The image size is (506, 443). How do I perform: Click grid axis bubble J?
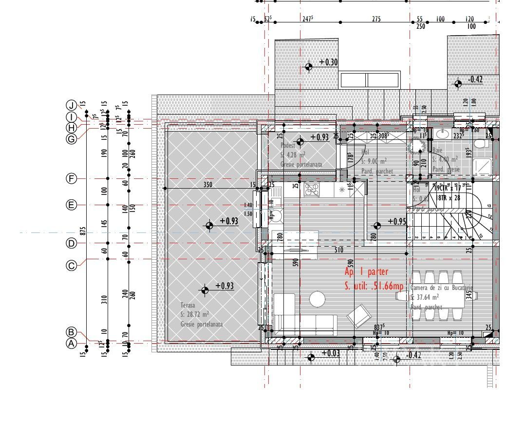tap(72, 105)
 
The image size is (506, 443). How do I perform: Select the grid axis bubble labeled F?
tap(72, 179)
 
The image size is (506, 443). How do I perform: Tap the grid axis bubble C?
tap(72, 266)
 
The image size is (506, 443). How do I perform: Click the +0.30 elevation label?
tap(329, 62)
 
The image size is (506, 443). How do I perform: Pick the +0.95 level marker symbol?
tap(377, 226)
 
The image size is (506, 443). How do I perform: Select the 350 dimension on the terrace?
tap(207, 185)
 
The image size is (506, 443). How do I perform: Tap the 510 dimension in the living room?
tap(339, 250)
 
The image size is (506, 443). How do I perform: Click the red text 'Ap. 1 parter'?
tap(366, 272)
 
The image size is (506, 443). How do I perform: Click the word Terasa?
tap(187, 306)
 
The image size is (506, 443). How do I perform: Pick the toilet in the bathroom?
tap(481, 144)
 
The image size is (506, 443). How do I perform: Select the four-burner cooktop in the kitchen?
tap(312, 189)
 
